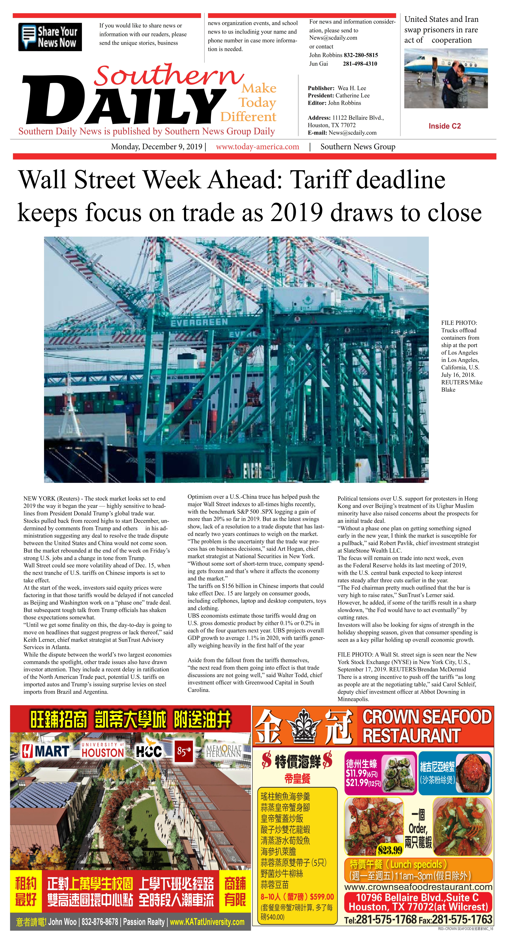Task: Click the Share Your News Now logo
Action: pyautogui.click(x=50, y=37)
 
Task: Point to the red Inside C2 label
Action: pyautogui.click(x=444, y=126)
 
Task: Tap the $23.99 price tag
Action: pyautogui.click(x=390, y=850)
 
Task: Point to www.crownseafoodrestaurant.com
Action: pyautogui.click(x=418, y=887)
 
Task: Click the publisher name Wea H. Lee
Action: pyautogui.click(x=352, y=88)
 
